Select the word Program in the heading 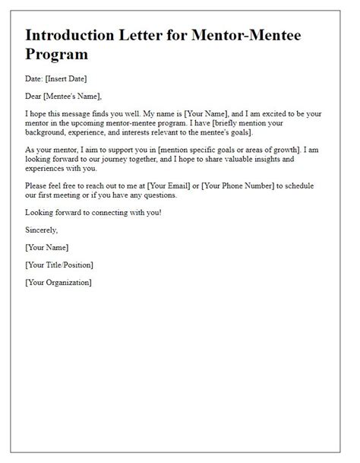(x=57, y=55)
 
